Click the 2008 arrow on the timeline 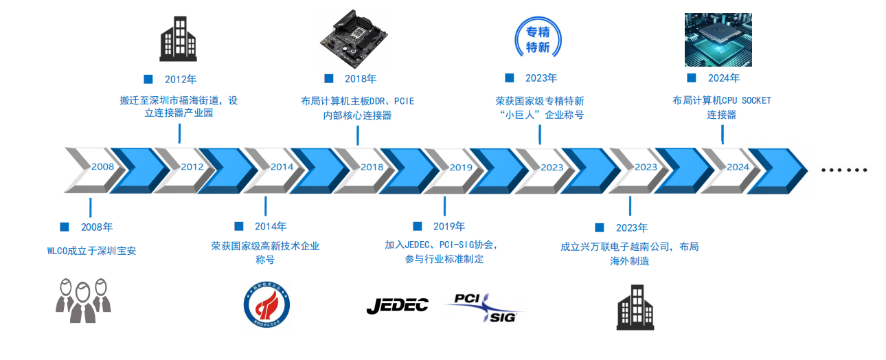click(x=96, y=167)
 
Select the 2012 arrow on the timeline click(x=187, y=167)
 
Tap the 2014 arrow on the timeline click(x=277, y=167)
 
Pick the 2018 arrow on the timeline click(x=367, y=167)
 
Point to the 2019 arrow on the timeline click(x=457, y=167)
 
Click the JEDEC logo click(x=397, y=306)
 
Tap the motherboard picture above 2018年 click(x=355, y=38)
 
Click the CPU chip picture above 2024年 click(x=718, y=39)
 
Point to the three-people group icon click(x=82, y=300)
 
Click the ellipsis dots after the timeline click(x=845, y=169)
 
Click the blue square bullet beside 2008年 click(x=65, y=227)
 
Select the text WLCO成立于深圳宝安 click(x=91, y=251)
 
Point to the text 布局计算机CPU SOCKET click(x=721, y=100)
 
